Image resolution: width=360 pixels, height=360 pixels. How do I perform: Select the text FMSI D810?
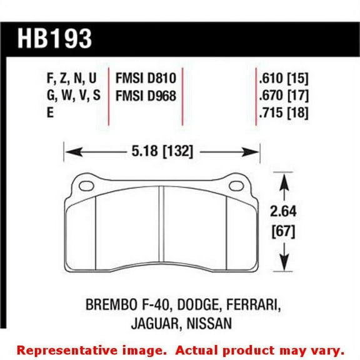pos(146,79)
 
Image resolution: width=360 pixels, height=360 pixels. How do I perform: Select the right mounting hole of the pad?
pos(238,186)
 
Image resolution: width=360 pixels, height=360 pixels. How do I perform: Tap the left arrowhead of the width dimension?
pos(69,151)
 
